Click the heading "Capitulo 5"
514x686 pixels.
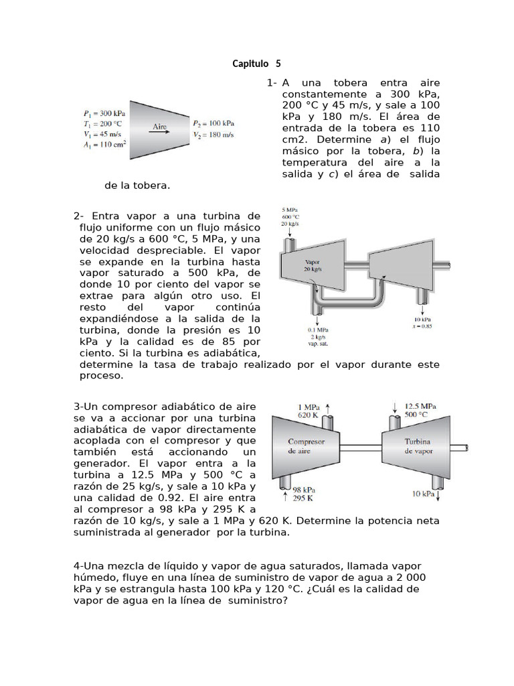tap(257, 64)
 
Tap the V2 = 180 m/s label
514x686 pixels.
tap(213, 134)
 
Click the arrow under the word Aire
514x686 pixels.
tap(159, 133)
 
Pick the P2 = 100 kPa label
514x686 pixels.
tap(213, 123)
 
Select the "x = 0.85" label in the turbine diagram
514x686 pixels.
tap(422, 326)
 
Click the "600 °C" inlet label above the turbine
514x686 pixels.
tap(290, 216)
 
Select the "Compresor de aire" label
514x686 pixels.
tap(306, 446)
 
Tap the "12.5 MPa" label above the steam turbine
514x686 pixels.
tap(421, 405)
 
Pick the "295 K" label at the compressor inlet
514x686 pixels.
tap(303, 498)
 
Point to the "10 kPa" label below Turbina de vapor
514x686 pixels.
tap(424, 494)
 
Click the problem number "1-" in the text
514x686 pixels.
tap(272, 83)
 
